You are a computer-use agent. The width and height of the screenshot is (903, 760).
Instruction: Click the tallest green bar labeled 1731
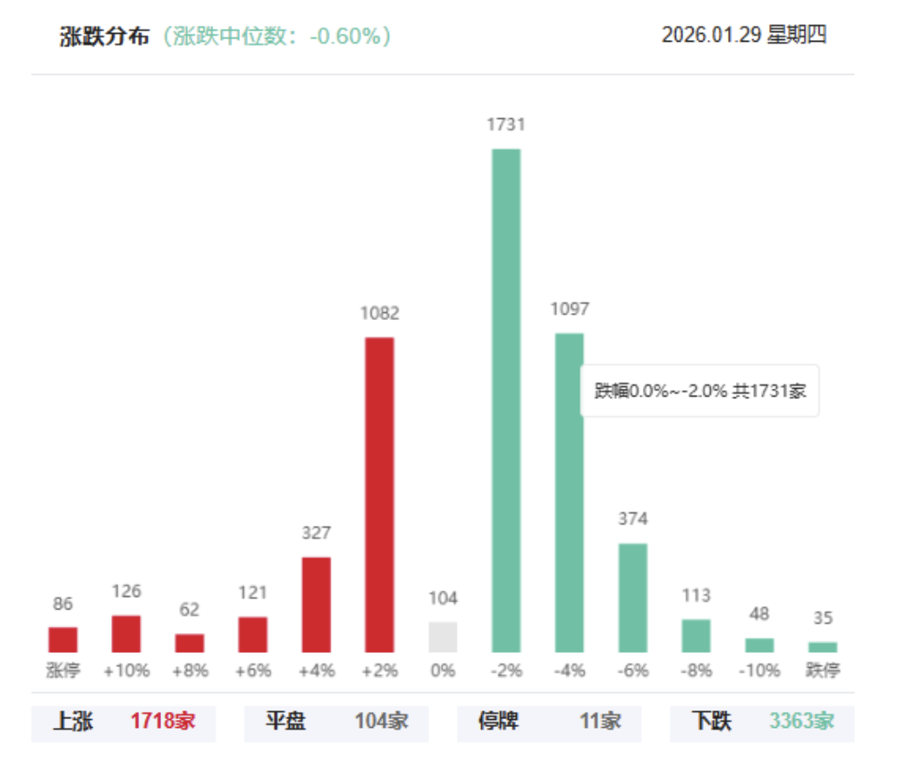coord(506,400)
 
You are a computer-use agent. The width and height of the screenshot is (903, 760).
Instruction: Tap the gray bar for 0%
coord(443,637)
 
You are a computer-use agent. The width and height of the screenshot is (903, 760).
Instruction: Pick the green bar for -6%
coord(633,597)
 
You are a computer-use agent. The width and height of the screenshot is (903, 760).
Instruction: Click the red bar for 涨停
coord(63,639)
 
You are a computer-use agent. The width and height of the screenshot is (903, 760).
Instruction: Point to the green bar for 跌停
coord(822,647)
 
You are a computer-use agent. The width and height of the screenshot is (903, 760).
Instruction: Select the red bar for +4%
coord(316,604)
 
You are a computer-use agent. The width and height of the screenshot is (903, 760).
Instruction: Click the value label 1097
coord(570,309)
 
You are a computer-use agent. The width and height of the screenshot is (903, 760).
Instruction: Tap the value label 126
coord(126,591)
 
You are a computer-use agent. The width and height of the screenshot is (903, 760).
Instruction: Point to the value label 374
coord(633,519)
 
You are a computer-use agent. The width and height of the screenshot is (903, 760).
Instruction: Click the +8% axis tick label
coord(190,671)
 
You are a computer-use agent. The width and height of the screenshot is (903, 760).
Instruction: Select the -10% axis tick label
coord(759,671)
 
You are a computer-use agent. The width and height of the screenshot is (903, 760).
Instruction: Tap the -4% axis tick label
coord(570,671)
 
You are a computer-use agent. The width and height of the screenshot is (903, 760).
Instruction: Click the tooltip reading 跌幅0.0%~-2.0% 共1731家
coord(700,390)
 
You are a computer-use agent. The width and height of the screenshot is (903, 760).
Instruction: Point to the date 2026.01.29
coord(711,35)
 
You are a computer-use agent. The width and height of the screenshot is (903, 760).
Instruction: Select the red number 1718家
coord(164,721)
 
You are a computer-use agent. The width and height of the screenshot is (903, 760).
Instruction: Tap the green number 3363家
coord(801,721)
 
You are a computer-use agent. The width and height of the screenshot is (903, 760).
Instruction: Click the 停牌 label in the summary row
coord(499,721)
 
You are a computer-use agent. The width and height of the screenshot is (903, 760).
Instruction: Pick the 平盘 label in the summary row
coord(285,721)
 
